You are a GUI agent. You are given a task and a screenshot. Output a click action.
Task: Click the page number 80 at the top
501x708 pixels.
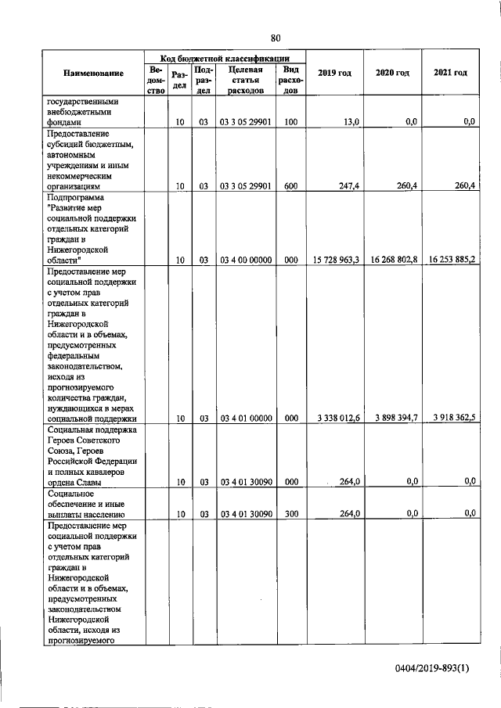pyautogui.click(x=276, y=38)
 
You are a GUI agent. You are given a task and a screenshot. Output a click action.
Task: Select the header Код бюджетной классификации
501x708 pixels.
pyautogui.click(x=225, y=59)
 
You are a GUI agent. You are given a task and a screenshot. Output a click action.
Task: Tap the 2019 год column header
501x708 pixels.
pyautogui.click(x=334, y=73)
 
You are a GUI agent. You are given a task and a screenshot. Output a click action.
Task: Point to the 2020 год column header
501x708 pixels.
pyautogui.click(x=392, y=73)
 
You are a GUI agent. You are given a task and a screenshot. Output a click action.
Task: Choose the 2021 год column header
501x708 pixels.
pyautogui.click(x=450, y=73)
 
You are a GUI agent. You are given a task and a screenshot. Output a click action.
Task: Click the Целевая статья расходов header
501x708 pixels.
pyautogui.click(x=246, y=80)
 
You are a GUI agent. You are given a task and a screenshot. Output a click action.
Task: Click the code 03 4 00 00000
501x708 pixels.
pyautogui.click(x=246, y=260)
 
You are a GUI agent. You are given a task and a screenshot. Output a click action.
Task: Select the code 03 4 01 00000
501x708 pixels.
pyautogui.click(x=246, y=419)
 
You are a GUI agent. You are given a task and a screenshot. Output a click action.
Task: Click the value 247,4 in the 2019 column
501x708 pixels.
pyautogui.click(x=348, y=186)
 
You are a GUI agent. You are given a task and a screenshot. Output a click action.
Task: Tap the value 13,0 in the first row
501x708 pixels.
pyautogui.click(x=351, y=122)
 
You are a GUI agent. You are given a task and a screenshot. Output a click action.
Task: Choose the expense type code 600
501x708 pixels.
pyautogui.click(x=291, y=186)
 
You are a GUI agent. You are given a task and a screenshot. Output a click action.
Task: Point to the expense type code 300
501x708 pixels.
pyautogui.click(x=291, y=514)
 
